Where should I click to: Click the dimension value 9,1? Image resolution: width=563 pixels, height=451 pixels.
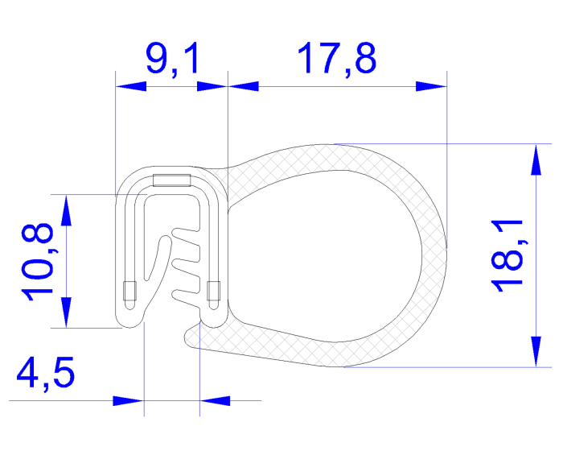(172, 60)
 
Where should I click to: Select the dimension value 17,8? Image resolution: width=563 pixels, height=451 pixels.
(336, 60)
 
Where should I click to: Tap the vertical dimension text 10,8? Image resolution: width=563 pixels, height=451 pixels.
(40, 262)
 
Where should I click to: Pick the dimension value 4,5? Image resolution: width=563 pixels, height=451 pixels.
(47, 374)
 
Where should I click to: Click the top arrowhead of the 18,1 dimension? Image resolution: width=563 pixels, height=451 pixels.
(533, 158)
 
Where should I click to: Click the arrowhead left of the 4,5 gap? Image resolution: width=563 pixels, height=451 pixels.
(130, 400)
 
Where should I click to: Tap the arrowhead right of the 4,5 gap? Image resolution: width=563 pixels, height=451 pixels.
(212, 400)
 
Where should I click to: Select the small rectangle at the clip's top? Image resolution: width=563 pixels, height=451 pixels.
(171, 180)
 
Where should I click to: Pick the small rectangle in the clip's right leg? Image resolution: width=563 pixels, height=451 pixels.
(213, 292)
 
